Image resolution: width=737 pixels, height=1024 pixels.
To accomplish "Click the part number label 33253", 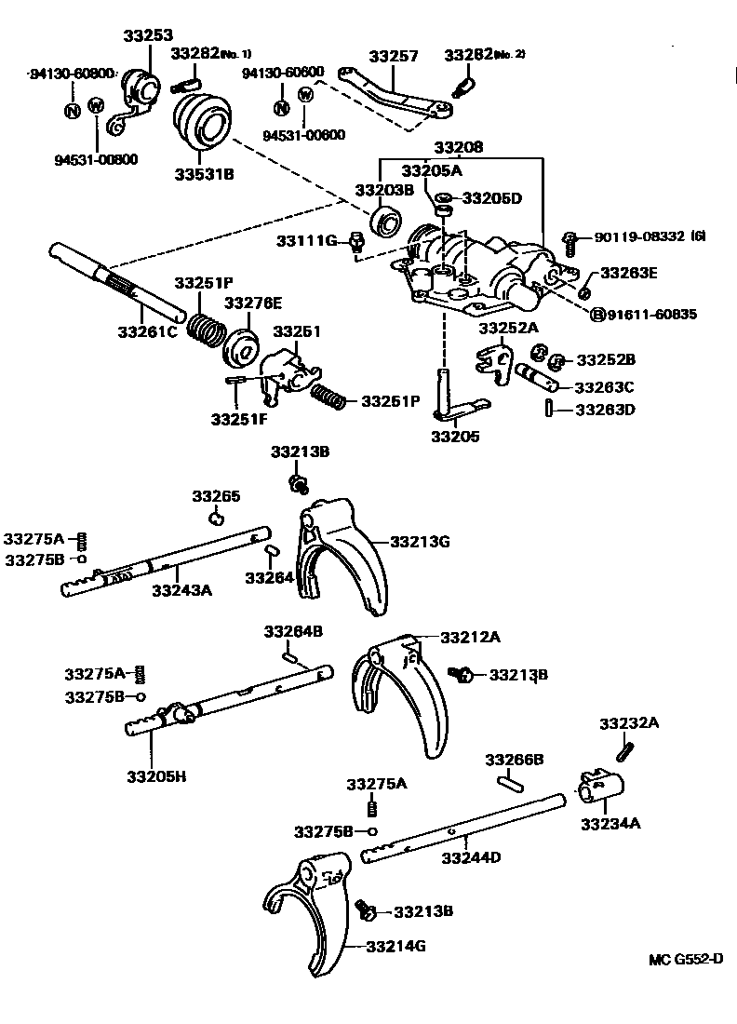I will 147,35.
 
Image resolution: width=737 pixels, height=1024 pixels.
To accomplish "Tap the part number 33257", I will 394,56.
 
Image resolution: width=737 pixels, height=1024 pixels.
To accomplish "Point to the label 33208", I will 458,148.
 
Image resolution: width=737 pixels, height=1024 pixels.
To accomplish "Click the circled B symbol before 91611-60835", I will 598,314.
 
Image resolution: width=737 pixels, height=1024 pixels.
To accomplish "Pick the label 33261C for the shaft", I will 146,330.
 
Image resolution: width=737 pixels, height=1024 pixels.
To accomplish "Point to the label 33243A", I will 181,588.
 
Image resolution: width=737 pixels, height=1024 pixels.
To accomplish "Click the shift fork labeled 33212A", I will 395,694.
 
